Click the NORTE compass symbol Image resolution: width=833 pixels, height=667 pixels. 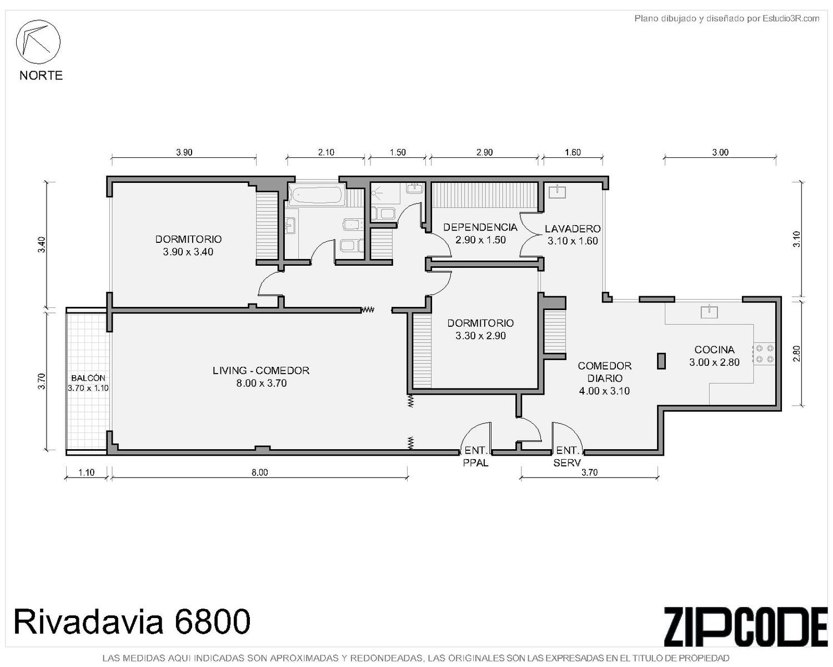click(x=38, y=42)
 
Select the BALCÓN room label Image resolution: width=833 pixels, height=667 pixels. click(x=88, y=379)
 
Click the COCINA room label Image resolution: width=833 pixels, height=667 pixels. click(x=714, y=350)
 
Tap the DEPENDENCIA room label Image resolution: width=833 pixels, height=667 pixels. click(x=480, y=227)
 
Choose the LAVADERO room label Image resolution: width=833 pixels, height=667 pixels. click(x=573, y=228)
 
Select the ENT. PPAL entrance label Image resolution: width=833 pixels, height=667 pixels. click(x=476, y=456)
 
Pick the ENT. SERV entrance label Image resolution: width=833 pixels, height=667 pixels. click(x=567, y=456)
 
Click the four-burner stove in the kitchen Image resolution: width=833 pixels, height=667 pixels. click(x=765, y=354)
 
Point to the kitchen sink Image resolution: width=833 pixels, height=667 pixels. click(x=709, y=312)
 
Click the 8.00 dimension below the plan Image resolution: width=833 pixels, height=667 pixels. click(x=260, y=472)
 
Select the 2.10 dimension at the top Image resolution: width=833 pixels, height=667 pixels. click(x=327, y=152)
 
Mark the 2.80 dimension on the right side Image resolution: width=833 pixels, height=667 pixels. click(x=796, y=354)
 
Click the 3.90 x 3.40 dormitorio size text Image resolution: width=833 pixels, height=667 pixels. click(x=188, y=252)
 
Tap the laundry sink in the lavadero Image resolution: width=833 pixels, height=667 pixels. click(x=558, y=192)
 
